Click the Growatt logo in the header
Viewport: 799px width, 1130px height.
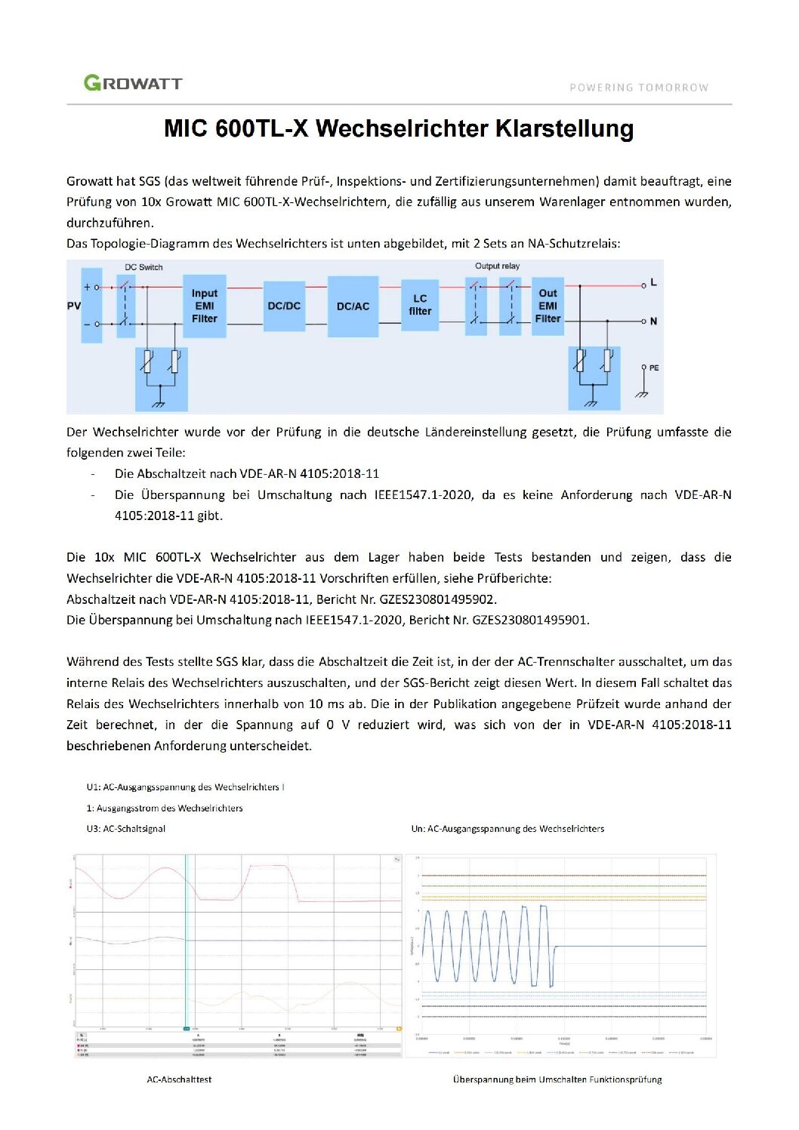[133, 83]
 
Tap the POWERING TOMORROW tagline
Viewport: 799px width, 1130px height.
[638, 88]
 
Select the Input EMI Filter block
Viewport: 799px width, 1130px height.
[204, 306]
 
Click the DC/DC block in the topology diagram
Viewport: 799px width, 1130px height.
[284, 306]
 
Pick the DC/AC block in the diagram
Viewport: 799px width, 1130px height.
[353, 306]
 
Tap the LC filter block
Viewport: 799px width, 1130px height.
[420, 305]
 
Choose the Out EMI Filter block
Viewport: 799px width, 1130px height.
[548, 306]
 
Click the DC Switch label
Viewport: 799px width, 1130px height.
[143, 267]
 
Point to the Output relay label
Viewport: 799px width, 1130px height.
[497, 266]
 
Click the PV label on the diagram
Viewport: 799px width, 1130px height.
[74, 306]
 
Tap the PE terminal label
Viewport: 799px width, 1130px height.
[653, 368]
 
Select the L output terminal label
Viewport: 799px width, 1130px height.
[653, 282]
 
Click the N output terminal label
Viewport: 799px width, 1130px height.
[653, 322]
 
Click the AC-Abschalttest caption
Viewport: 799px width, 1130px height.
[179, 1079]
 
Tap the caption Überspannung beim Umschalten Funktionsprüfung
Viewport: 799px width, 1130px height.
[557, 1079]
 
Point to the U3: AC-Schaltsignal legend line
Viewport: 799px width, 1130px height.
[126, 829]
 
